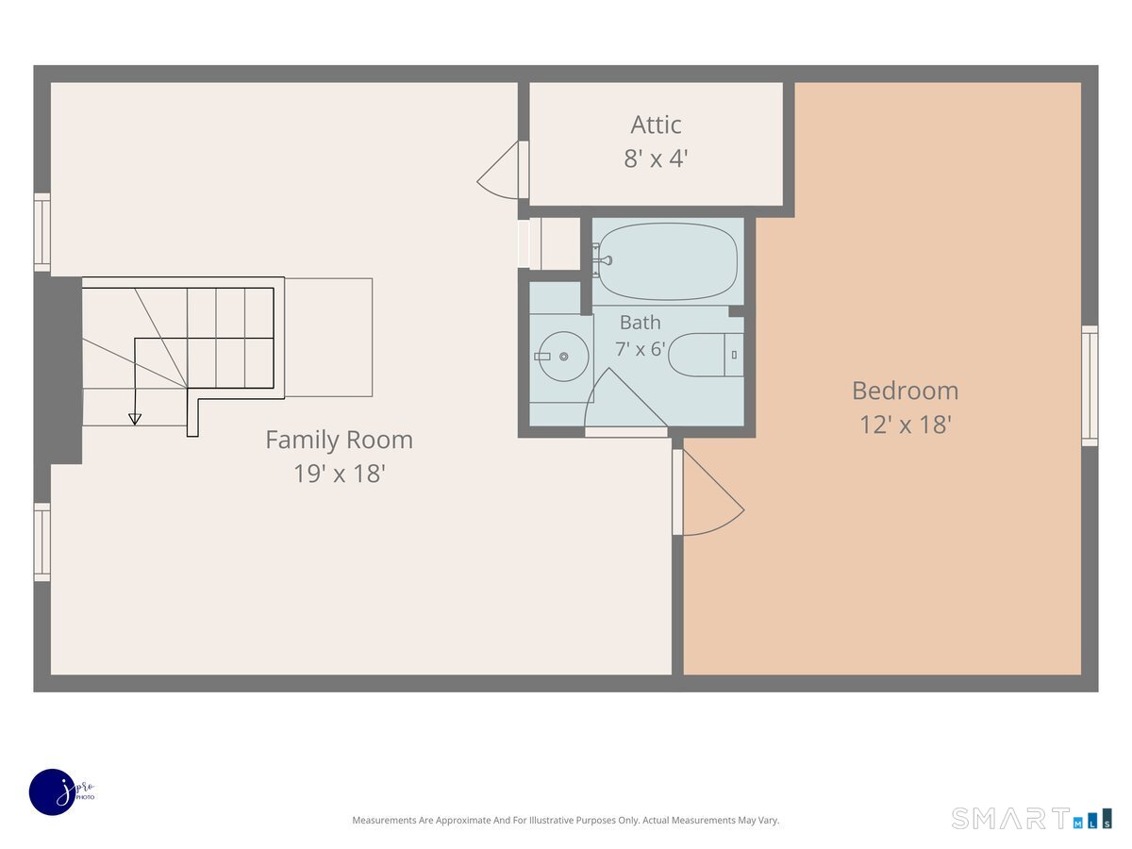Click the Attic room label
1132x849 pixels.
click(x=656, y=125)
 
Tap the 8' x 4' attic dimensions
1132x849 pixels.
click(x=656, y=158)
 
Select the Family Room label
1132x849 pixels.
click(x=339, y=440)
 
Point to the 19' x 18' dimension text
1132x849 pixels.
click(x=339, y=474)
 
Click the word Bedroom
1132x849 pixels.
click(x=905, y=391)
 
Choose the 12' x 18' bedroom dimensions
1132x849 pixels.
click(x=905, y=424)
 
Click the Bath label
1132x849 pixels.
click(x=640, y=323)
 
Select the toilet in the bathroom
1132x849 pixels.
click(x=706, y=355)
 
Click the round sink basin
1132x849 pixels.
click(x=564, y=357)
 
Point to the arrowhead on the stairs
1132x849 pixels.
click(x=135, y=419)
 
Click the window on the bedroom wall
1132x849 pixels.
click(x=1090, y=386)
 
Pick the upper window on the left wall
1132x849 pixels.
click(x=42, y=232)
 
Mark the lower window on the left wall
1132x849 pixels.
click(x=42, y=542)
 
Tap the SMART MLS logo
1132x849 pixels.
click(x=1031, y=819)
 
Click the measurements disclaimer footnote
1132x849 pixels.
click(x=566, y=820)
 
